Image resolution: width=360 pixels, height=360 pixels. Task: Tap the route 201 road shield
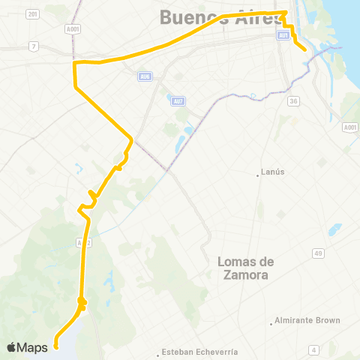[31, 14]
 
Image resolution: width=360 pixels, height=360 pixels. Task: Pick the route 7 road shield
[33, 46]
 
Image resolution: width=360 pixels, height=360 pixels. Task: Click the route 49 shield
[319, 253]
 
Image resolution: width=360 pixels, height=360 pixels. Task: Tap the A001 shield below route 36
[349, 127]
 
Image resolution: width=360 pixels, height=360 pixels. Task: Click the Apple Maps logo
[27, 347]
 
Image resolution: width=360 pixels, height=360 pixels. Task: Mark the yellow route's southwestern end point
[56, 347]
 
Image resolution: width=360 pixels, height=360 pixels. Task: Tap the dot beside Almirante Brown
[271, 323]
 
